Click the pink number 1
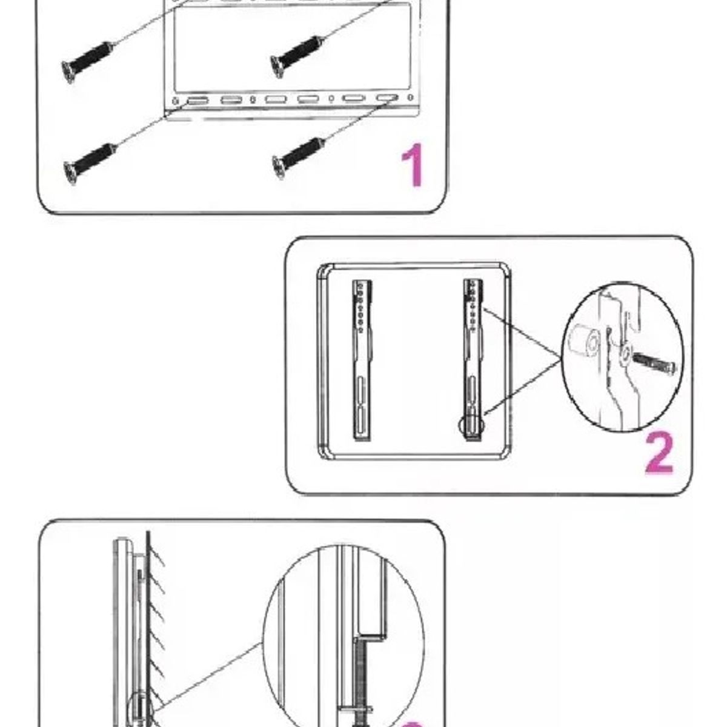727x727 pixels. pos(414,166)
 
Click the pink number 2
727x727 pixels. pos(658,455)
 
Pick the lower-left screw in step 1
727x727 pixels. pos(90,161)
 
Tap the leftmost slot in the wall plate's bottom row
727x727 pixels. pos(196,100)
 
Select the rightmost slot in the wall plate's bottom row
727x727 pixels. pos(386,98)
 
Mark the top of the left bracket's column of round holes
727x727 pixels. pos(361,285)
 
